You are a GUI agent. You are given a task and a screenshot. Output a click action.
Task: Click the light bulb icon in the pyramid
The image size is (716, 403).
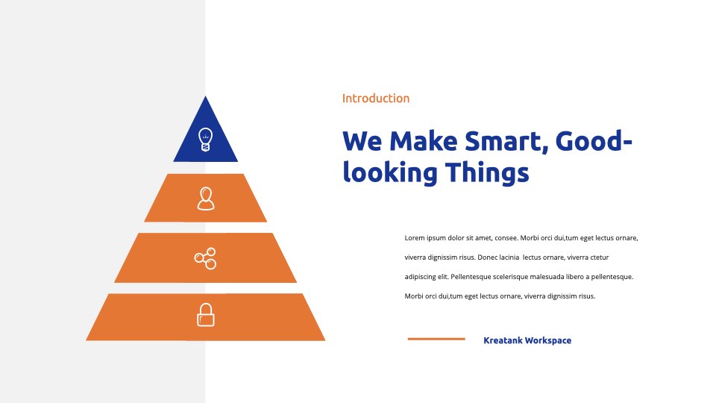pyautogui.click(x=206, y=140)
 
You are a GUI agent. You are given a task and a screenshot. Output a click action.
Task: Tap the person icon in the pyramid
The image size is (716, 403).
pyautogui.click(x=206, y=199)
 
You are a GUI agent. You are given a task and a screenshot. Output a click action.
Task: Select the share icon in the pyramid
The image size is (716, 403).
pyautogui.click(x=206, y=259)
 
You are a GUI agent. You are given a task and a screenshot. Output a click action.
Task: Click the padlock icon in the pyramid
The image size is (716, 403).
pyautogui.click(x=206, y=315)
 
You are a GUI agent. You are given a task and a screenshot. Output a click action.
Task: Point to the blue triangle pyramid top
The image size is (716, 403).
pyautogui.click(x=206, y=137)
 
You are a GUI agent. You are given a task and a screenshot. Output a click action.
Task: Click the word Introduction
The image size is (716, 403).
pyautogui.click(x=376, y=99)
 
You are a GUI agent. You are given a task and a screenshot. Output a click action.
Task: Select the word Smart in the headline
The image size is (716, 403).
pyautogui.click(x=506, y=142)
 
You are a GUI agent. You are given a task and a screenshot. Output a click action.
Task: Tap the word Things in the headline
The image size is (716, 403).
pyautogui.click(x=487, y=172)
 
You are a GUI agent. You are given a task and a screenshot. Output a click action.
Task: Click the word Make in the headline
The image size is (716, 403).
pyautogui.click(x=424, y=141)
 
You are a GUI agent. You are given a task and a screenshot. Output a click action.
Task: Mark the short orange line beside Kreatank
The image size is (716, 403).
pyautogui.click(x=436, y=339)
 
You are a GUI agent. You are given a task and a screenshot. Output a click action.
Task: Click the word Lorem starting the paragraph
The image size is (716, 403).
pyautogui.click(x=415, y=238)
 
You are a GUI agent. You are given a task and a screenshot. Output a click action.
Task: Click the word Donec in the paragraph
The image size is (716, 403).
pyautogui.click(x=487, y=257)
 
